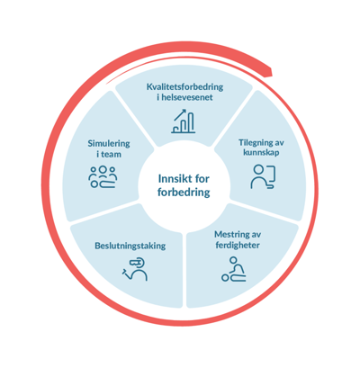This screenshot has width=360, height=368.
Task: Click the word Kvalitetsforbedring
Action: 184,87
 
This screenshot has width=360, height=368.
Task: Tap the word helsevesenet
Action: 187,97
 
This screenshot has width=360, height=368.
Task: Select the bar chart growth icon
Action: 184,121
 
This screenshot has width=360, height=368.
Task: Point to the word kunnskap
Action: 261,152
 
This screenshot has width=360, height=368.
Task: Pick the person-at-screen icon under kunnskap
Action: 263,177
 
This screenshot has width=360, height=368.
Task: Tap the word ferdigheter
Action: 238,245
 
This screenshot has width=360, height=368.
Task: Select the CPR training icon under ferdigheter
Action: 234,269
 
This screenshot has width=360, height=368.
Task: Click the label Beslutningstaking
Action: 130,246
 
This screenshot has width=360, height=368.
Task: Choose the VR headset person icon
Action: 135,269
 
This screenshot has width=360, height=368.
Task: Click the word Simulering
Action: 109,144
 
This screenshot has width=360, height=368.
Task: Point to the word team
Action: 111,155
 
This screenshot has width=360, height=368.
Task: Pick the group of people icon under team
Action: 103,177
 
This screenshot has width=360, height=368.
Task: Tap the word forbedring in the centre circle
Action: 184,193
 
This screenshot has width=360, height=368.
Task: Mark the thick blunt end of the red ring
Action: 270,72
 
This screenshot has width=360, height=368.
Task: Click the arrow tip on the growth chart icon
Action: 185,111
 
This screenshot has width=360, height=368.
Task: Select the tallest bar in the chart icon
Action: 191,122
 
